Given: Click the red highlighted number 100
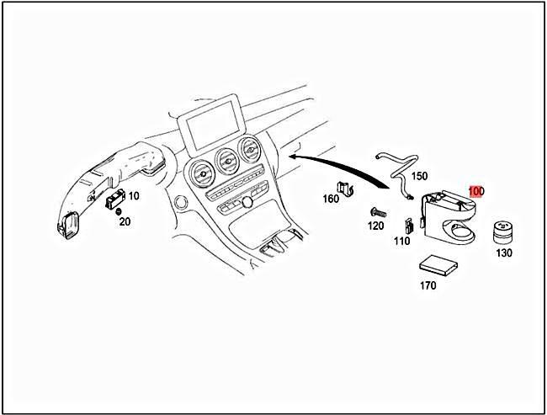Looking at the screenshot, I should coord(476,191).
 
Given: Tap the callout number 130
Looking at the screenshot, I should coord(503,253).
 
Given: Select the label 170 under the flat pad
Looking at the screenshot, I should coord(428,285).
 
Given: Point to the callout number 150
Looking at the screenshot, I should coord(419,176).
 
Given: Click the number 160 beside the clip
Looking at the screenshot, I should coord(331,199).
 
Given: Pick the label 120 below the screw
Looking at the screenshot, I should coord(374,227).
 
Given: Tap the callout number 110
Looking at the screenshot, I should coord(401,241).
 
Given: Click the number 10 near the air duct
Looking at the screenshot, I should coord(134,195).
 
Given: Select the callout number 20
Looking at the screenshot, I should coord(125,221).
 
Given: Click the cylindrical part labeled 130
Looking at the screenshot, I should coord(503,231).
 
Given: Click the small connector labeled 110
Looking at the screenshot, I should coord(408,226).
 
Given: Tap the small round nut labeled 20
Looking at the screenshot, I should coord(119,210).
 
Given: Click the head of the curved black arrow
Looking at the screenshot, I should coord(292,156).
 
